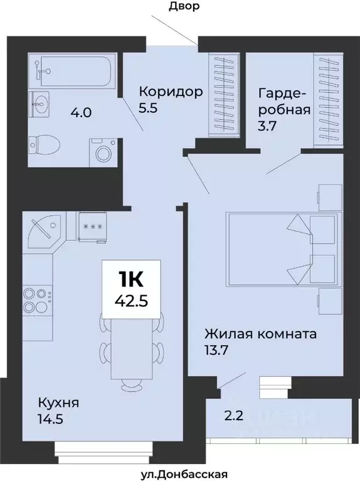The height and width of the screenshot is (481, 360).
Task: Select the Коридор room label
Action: point(171,92)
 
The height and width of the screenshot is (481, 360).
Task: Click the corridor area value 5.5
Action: point(149,108)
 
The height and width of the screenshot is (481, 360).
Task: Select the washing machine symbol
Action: point(100,151)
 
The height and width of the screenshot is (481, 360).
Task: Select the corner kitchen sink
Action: point(44,229)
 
